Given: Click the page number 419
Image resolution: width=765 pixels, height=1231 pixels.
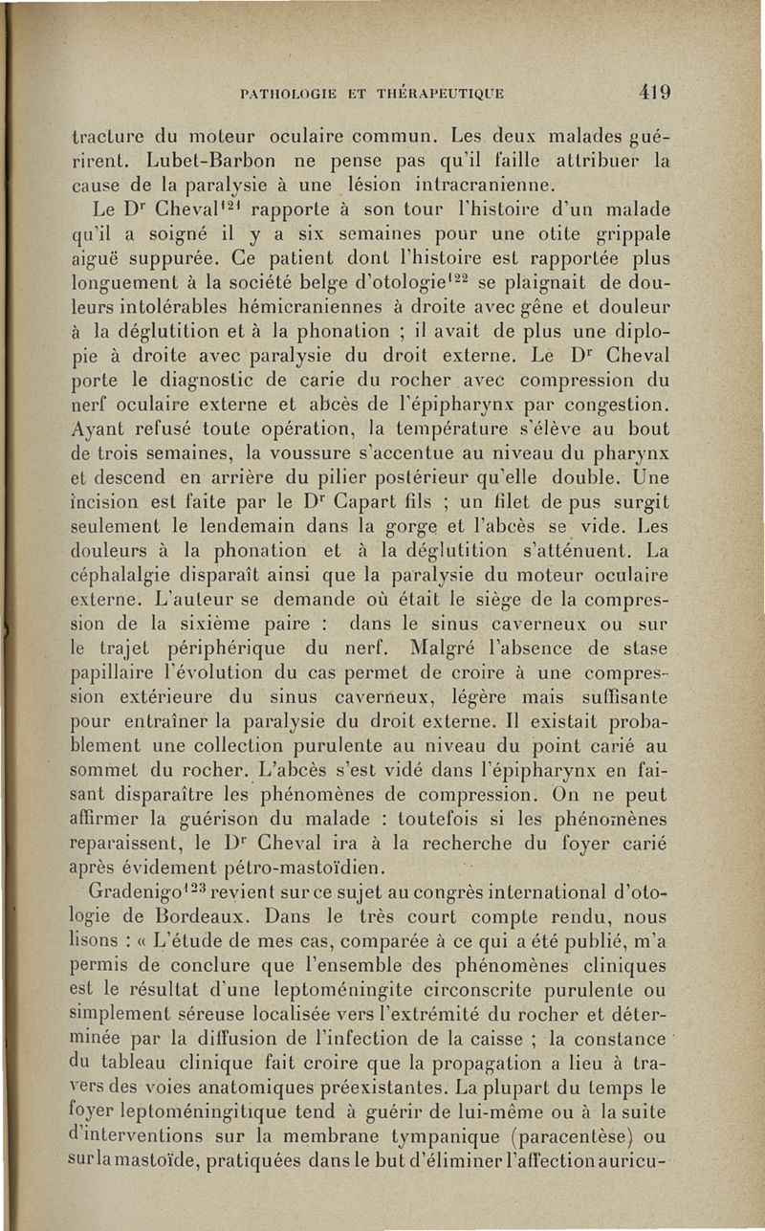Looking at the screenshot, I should click(654, 93).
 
